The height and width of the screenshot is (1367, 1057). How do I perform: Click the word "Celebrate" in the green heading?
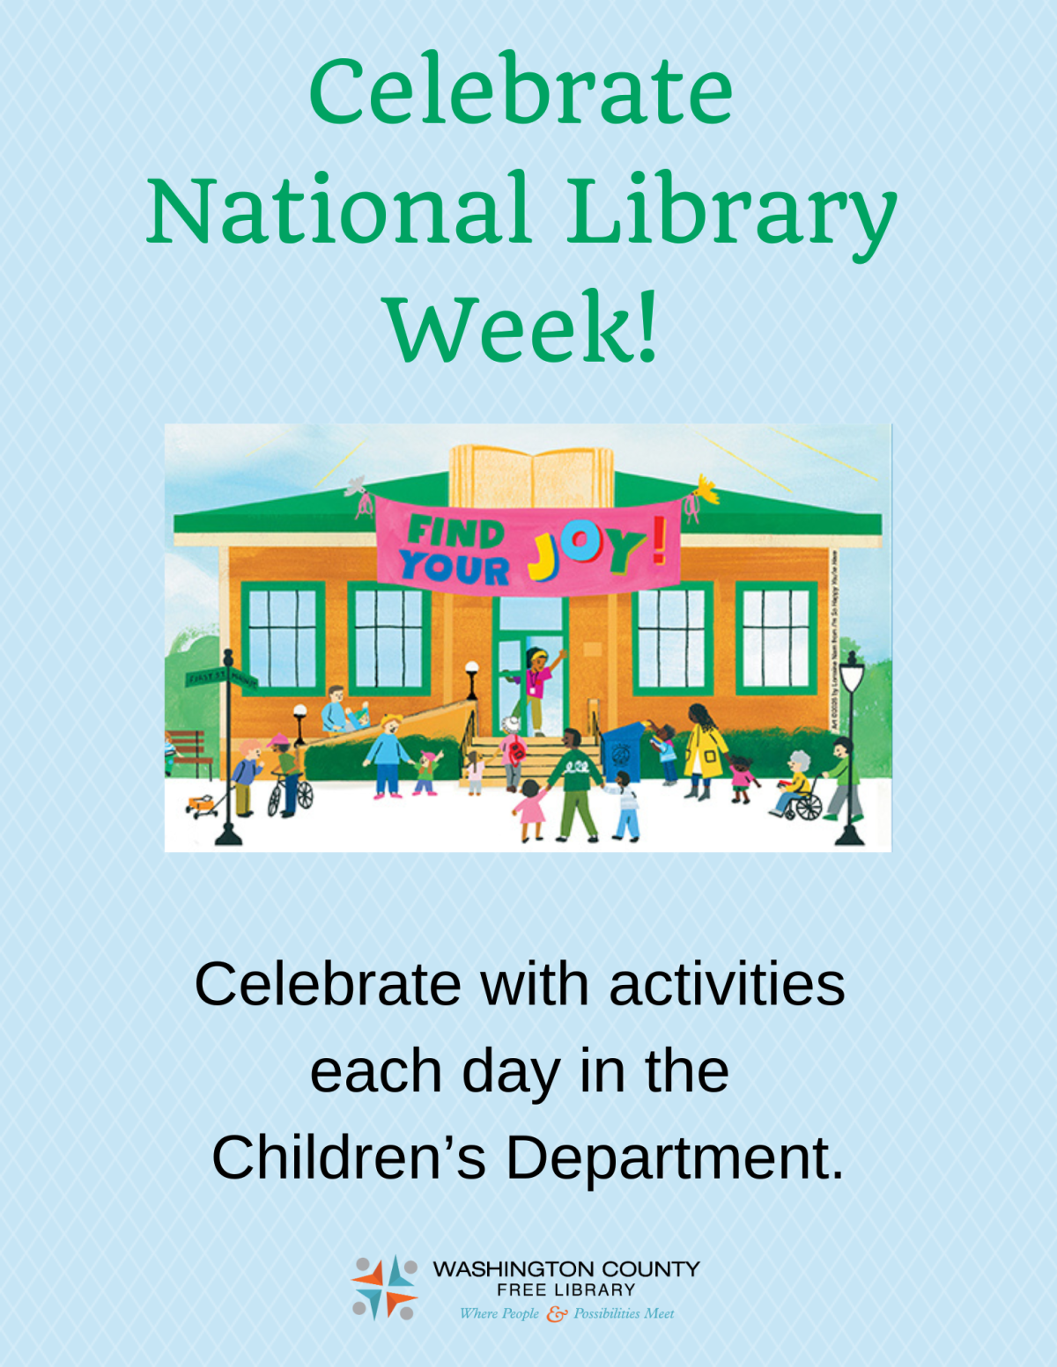(521, 92)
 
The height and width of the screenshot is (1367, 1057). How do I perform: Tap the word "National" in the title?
(339, 211)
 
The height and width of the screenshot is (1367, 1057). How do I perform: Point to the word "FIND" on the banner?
(455, 532)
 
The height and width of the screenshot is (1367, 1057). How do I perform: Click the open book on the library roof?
(532, 475)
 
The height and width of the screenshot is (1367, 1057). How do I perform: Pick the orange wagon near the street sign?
(202, 805)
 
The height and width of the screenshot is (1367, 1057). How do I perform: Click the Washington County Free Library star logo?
(385, 1288)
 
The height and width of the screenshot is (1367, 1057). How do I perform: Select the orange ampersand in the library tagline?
(556, 1314)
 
